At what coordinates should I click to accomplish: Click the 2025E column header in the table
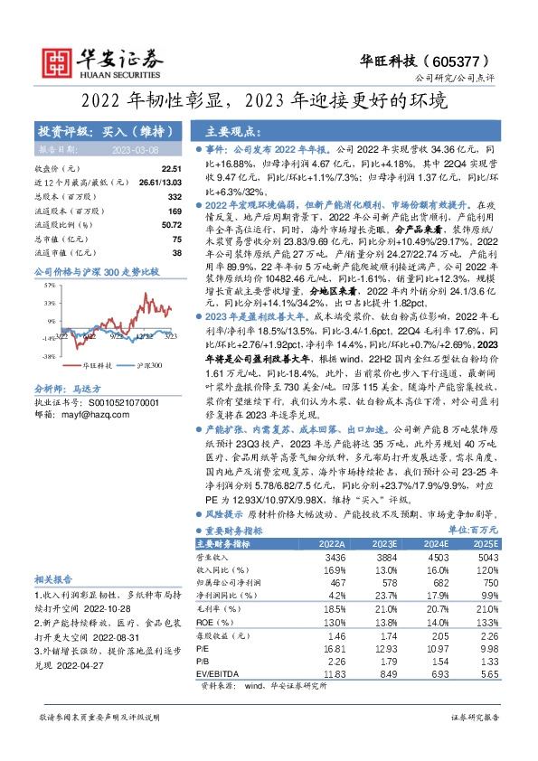(x=485, y=544)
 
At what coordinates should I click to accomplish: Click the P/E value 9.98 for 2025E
(x=488, y=649)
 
